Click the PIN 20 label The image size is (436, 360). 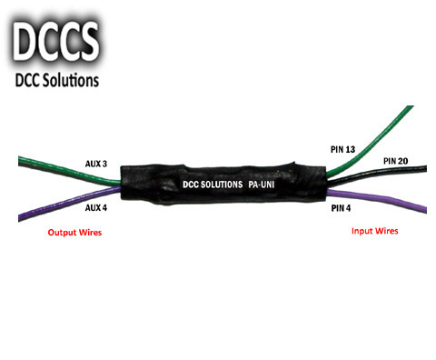pos(396,161)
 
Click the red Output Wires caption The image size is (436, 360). pos(74,233)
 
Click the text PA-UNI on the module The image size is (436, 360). pos(267,185)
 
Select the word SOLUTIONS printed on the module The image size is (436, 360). pos(219,185)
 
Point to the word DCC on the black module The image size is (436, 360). pos(190,185)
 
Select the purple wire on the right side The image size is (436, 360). pos(381,201)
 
